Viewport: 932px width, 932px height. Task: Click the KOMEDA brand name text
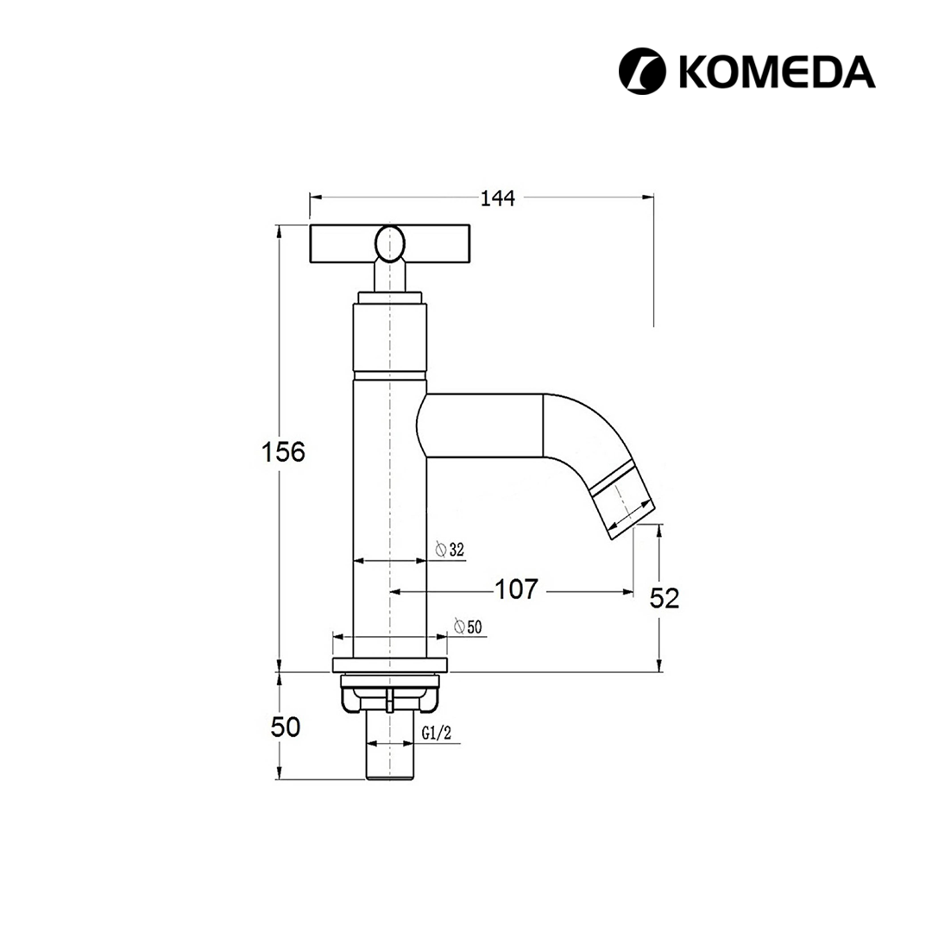click(x=778, y=72)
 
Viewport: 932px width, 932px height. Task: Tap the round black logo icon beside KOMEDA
click(x=643, y=72)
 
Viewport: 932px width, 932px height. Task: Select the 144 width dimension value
click(x=497, y=198)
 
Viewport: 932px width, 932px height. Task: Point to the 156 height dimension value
click(x=284, y=451)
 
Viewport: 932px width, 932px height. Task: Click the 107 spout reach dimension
click(x=517, y=590)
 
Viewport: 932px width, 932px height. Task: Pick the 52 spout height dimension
click(x=665, y=598)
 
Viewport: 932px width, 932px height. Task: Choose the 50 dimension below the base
click(x=286, y=727)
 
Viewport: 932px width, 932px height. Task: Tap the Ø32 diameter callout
click(x=450, y=550)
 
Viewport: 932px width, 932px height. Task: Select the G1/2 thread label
click(x=437, y=734)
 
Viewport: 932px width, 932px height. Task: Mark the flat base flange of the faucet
click(x=390, y=665)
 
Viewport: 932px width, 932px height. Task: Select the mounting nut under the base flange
click(x=390, y=694)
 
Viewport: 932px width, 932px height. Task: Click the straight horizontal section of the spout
click(x=483, y=425)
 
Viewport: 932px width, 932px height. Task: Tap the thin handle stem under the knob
click(x=390, y=277)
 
